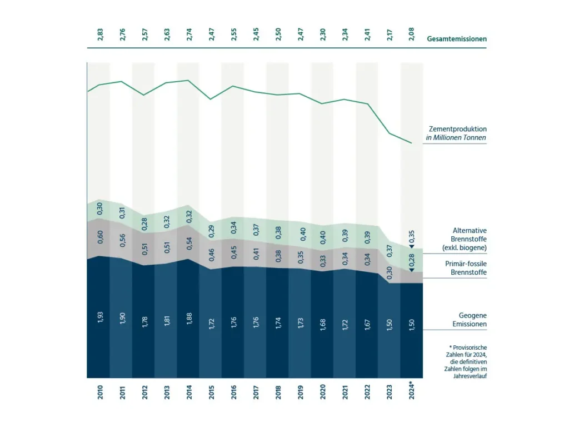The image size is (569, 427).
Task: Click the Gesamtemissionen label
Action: [456, 39]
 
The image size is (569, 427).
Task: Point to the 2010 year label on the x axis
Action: [100, 391]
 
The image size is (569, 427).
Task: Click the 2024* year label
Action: [411, 390]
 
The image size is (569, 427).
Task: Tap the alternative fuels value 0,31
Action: [122, 213]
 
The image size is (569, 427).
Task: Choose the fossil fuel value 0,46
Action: [211, 255]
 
